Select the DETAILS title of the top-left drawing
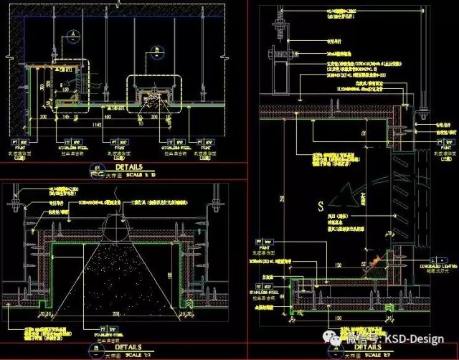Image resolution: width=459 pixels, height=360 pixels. coord(123,167)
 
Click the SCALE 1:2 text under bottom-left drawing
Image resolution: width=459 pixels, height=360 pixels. coord(136,355)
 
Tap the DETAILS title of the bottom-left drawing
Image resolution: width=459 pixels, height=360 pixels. coord(125,346)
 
